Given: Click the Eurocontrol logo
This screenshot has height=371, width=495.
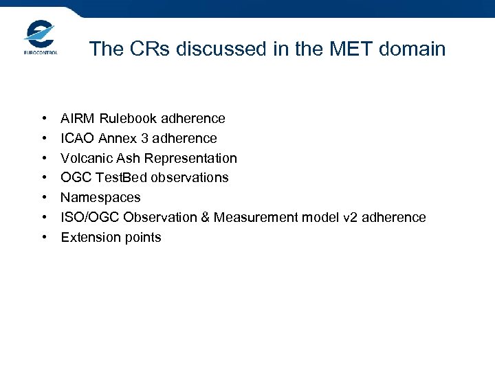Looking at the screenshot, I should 41,37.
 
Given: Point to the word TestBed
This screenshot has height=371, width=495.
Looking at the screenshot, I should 118,178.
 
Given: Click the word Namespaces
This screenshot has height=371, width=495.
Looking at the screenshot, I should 100,198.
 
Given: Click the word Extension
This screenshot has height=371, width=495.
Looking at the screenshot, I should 88,238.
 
